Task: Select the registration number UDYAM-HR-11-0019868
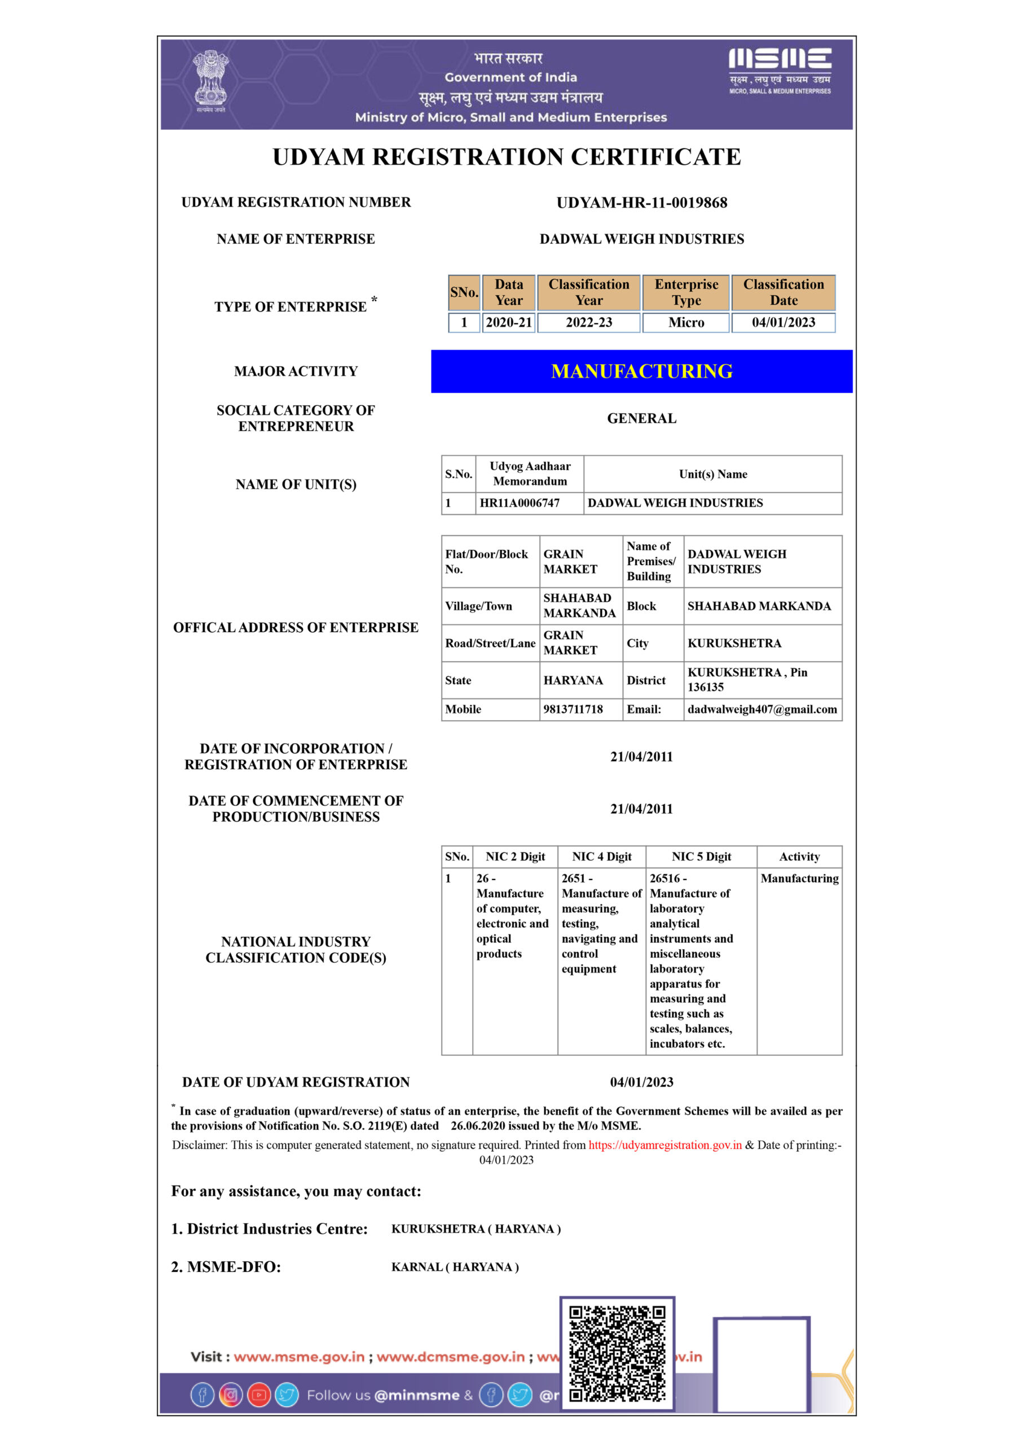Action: [642, 202]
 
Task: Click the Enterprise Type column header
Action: [686, 292]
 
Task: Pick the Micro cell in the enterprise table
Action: [686, 323]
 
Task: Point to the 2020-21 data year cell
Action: [508, 323]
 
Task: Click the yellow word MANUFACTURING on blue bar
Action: [642, 372]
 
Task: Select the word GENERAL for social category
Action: [642, 418]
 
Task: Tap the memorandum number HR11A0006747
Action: [520, 503]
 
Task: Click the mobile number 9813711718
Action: [573, 710]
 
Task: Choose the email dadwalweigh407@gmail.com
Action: [762, 710]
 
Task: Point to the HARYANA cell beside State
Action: [573, 680]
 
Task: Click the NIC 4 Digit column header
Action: [601, 857]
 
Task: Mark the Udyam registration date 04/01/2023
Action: [642, 1082]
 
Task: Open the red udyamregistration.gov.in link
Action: [665, 1145]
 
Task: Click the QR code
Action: [617, 1354]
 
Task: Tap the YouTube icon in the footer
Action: [259, 1395]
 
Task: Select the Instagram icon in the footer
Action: [231, 1395]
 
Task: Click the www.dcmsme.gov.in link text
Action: [450, 1357]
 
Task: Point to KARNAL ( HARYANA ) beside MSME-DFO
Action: [455, 1267]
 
